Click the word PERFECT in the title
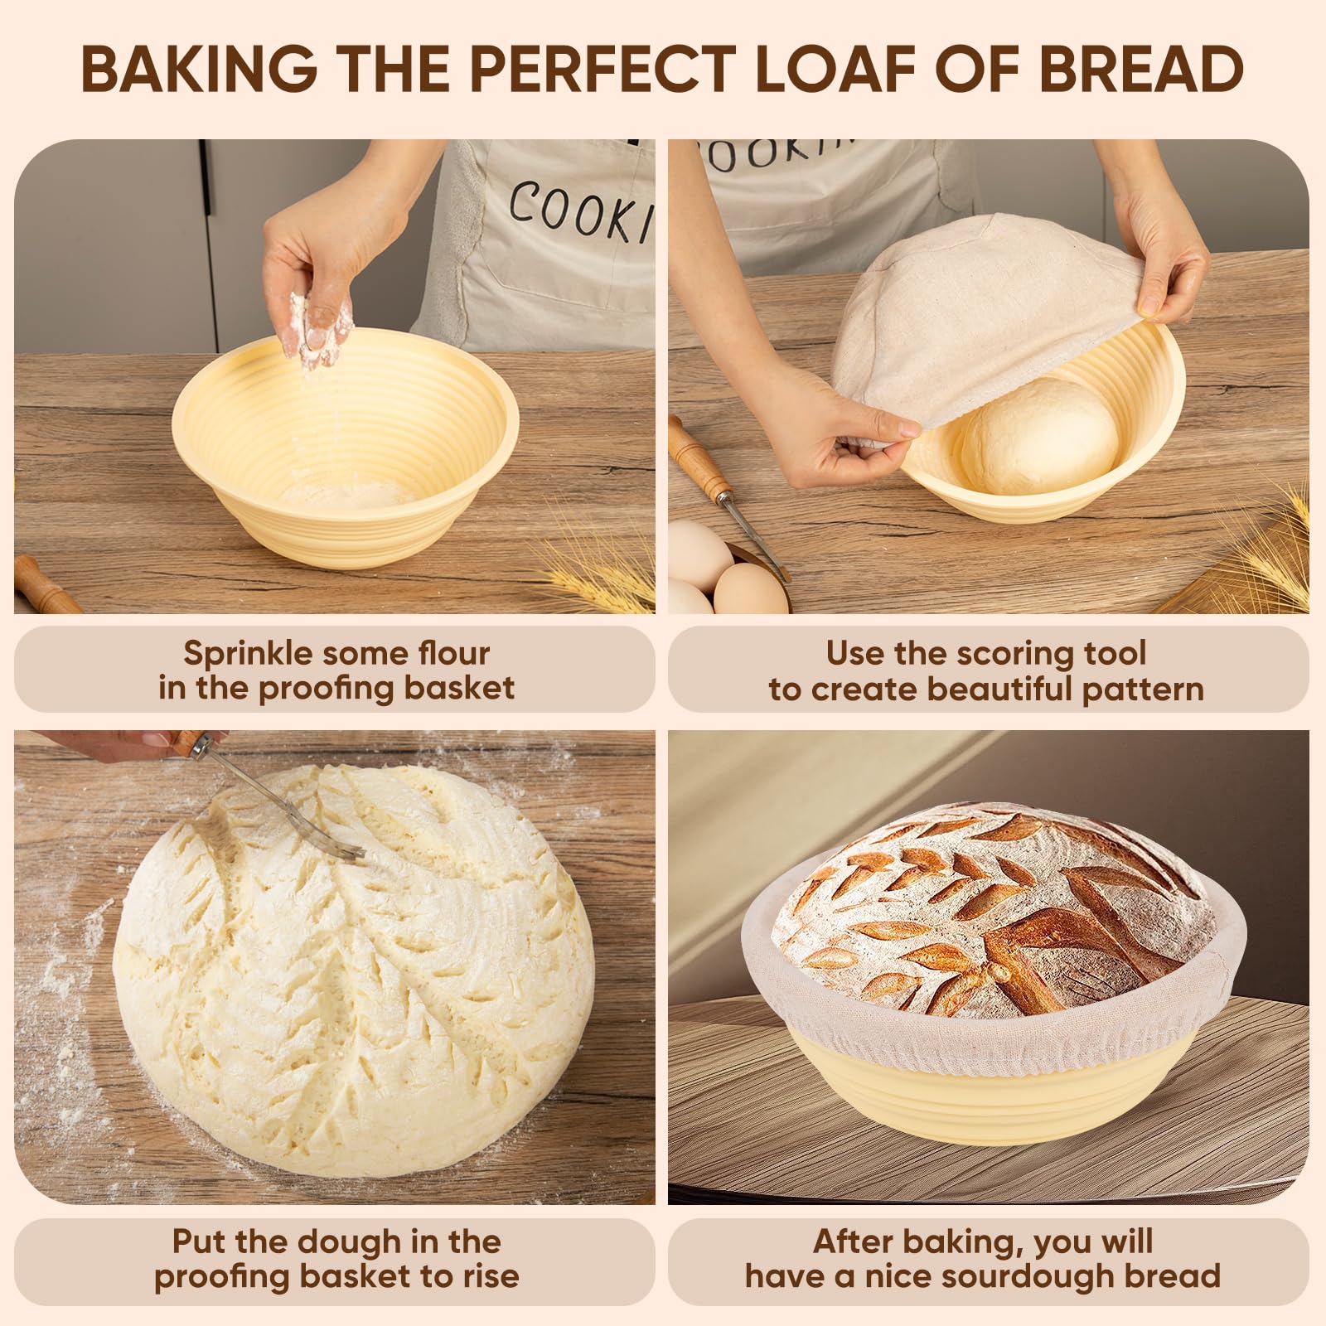[603, 69]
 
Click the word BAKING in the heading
[199, 69]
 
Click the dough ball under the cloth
[1040, 435]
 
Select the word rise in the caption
[491, 1275]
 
